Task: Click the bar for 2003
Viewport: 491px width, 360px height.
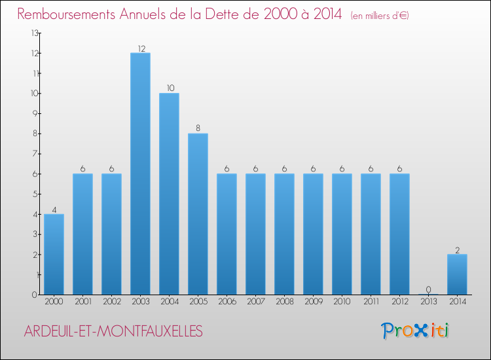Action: pyautogui.click(x=140, y=173)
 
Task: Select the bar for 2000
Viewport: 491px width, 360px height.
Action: pyautogui.click(x=54, y=254)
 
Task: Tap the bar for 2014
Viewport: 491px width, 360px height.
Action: pyautogui.click(x=457, y=274)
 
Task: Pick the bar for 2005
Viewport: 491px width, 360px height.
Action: pyautogui.click(x=198, y=214)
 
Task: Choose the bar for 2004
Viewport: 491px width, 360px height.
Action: pyautogui.click(x=169, y=194)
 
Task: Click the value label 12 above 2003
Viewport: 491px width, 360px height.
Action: pyautogui.click(x=140, y=48)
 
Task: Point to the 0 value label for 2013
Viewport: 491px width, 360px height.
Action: pyautogui.click(x=428, y=290)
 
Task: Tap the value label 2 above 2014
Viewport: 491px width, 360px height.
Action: pyautogui.click(x=457, y=249)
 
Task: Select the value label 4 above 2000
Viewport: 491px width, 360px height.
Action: pyautogui.click(x=54, y=209)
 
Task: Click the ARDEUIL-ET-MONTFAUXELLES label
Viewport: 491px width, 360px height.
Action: pyautogui.click(x=113, y=331)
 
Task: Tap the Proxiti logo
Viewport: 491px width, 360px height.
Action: pyautogui.click(x=415, y=331)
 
